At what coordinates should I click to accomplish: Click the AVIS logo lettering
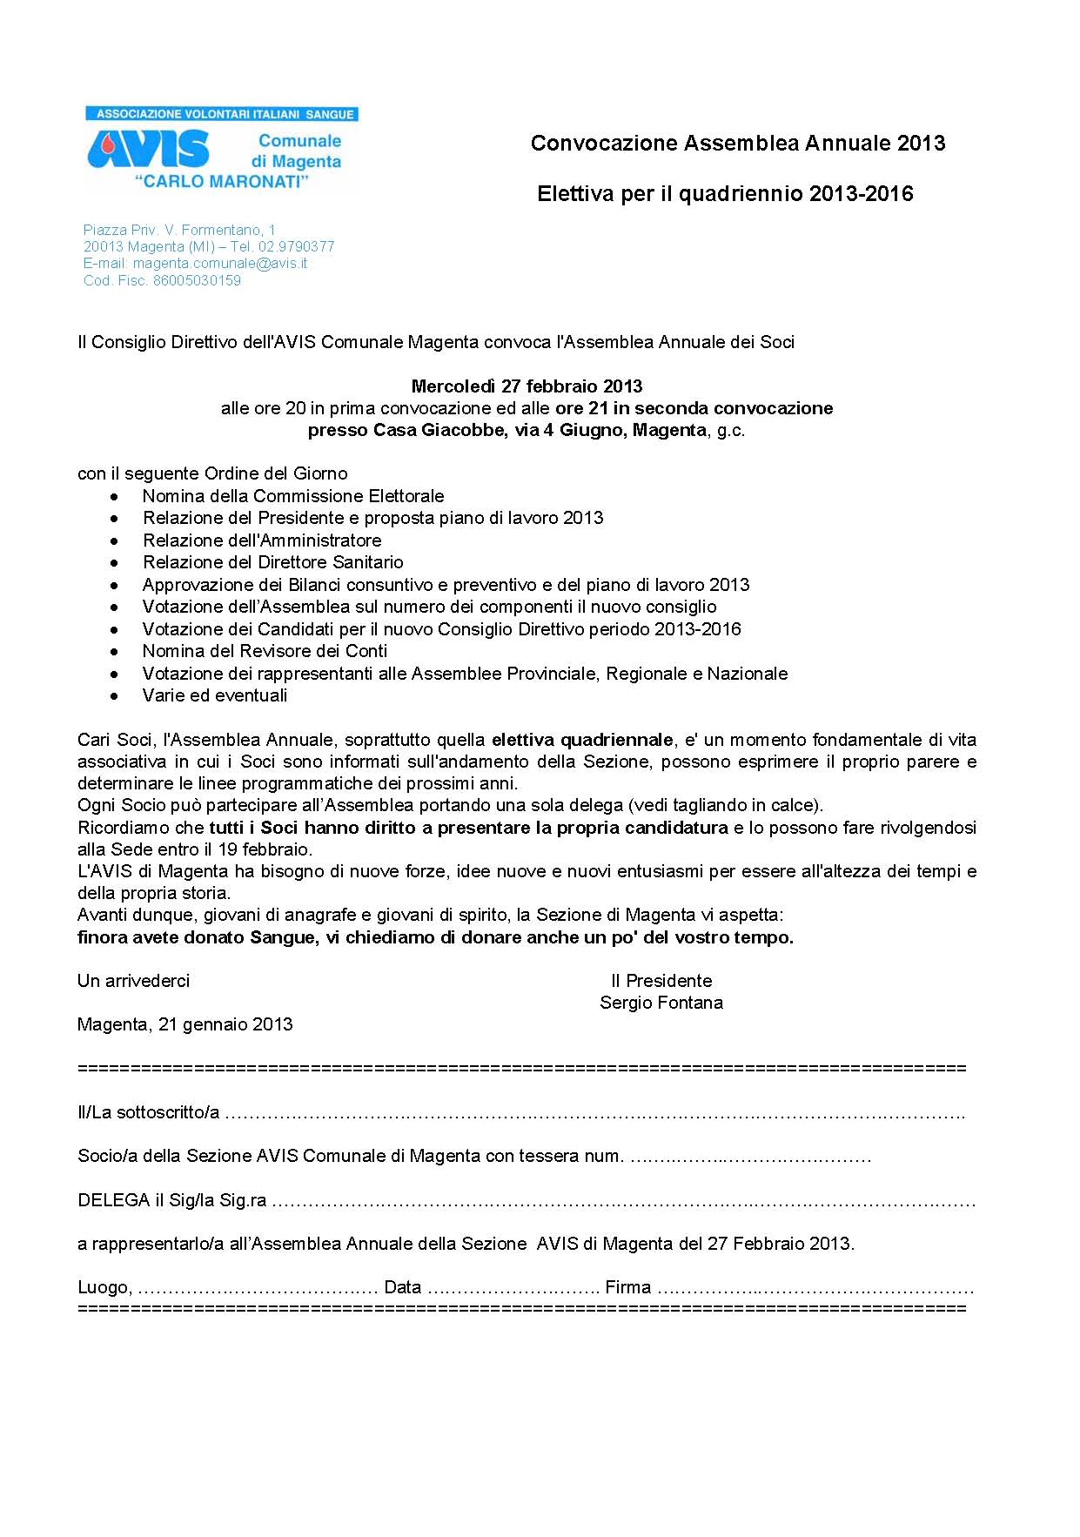149,150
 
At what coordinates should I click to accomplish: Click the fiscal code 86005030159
197,280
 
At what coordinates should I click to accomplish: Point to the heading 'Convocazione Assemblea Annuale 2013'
737,144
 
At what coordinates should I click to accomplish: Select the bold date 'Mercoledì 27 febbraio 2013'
527,386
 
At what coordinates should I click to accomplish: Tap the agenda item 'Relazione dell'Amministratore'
262,540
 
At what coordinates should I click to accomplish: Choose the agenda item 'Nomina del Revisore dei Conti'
265,651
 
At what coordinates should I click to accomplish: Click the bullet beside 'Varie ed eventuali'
115,696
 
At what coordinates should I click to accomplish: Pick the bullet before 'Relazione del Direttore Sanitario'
115,563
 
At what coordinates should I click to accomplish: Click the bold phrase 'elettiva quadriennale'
582,741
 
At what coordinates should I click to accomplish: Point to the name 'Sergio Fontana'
661,1003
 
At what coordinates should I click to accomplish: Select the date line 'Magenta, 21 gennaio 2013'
184,1025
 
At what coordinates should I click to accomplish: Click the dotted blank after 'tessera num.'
749,1157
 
